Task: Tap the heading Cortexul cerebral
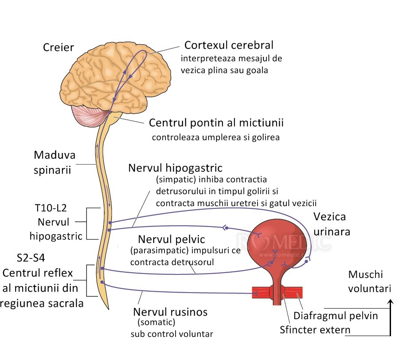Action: [x=229, y=45]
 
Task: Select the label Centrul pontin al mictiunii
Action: [x=216, y=122]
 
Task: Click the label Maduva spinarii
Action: [x=54, y=162]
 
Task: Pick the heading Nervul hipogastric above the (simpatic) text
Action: [x=175, y=168]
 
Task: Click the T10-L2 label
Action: [x=51, y=208]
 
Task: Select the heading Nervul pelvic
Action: [x=171, y=239]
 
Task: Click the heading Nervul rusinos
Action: [x=170, y=312]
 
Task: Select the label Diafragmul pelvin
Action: [x=336, y=316]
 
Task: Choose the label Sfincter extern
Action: [x=315, y=330]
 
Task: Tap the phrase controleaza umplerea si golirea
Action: [x=216, y=137]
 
